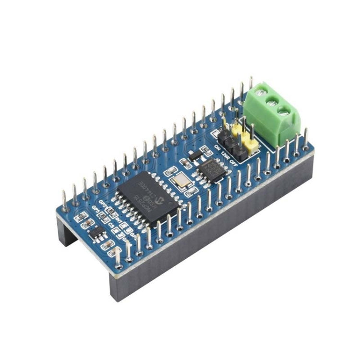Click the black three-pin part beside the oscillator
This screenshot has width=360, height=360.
[194, 155]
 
